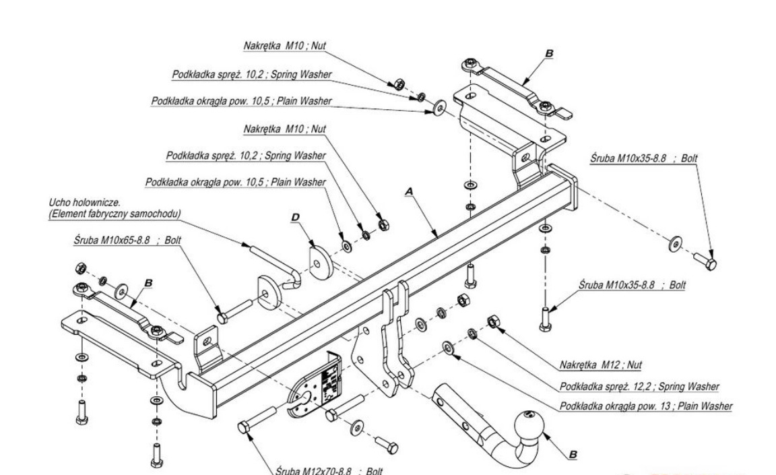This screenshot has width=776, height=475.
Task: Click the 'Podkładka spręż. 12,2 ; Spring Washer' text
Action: (x=639, y=387)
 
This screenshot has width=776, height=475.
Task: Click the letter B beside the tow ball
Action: (x=572, y=455)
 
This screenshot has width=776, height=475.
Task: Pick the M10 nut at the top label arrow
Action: (x=399, y=85)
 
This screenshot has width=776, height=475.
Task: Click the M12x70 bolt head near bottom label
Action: (x=244, y=427)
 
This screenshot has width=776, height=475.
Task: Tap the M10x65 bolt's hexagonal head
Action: (x=222, y=316)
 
